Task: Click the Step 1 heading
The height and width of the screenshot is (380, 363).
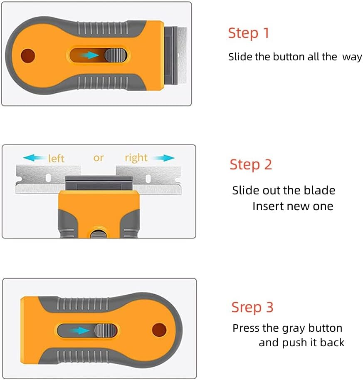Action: (x=249, y=33)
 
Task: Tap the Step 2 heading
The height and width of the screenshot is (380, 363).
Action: (x=251, y=164)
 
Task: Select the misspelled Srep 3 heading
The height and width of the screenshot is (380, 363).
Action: (x=252, y=307)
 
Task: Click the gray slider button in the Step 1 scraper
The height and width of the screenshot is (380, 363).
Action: (x=115, y=55)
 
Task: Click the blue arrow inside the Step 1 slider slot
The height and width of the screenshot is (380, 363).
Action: (x=90, y=55)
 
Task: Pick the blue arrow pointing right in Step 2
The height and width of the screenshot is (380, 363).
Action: (x=162, y=158)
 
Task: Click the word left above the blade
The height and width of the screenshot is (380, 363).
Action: (x=56, y=159)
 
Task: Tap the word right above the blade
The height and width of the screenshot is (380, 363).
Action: (x=136, y=158)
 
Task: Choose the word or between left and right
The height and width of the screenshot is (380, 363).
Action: (x=98, y=158)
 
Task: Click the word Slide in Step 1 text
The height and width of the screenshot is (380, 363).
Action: (x=240, y=57)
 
